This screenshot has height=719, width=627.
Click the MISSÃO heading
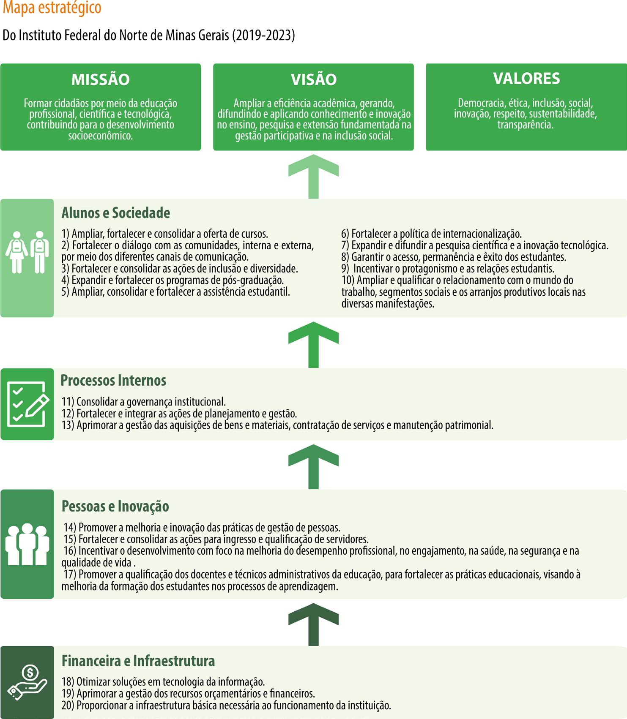pos(101,79)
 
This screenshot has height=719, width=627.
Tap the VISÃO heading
pos(314,79)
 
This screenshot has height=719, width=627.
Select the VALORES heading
pos(526,79)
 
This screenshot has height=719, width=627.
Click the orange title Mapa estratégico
pos(52,8)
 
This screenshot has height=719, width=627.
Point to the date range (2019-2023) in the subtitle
pos(263,35)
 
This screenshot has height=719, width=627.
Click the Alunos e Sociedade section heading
pos(116,213)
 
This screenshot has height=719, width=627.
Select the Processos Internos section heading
pos(113,381)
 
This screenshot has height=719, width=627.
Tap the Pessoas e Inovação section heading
pos(115,506)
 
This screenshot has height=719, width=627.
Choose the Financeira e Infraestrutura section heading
pos(138,661)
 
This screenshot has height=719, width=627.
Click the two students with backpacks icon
pos(27,252)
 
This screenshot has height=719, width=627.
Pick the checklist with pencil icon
pos(27,404)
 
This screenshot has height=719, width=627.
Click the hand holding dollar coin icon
pos(27,682)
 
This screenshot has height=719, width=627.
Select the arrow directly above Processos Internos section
pos(313,344)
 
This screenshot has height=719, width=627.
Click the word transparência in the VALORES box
pos(526,125)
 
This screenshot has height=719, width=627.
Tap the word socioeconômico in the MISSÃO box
pos(100,136)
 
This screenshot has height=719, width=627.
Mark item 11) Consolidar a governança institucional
pos(144,402)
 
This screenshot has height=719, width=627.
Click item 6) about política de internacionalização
pos(431,234)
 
